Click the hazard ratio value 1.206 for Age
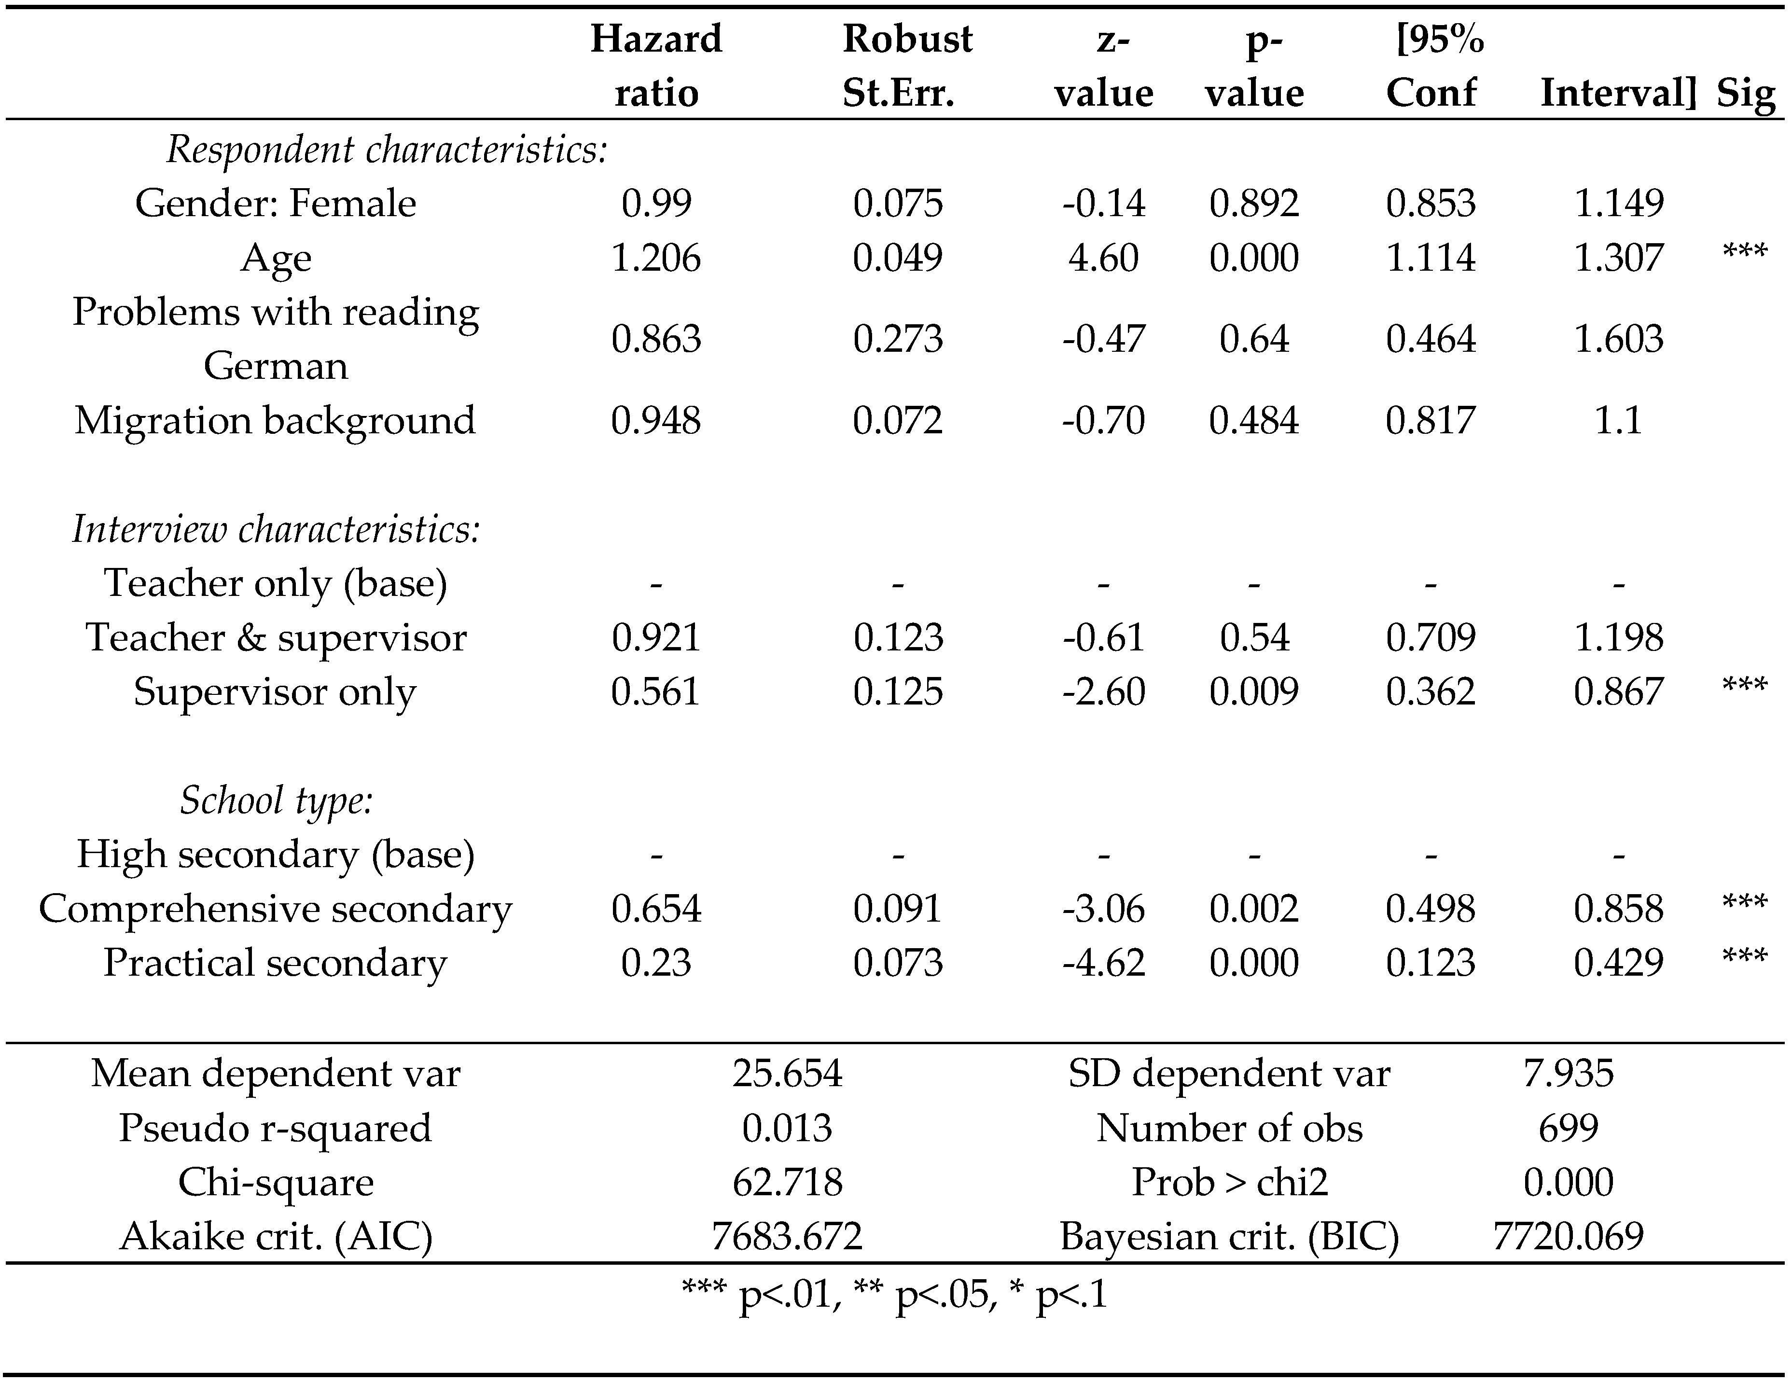point(655,258)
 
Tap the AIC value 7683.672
point(786,1236)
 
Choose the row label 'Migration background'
point(275,420)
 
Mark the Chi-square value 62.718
point(786,1182)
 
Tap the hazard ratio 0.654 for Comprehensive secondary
point(655,908)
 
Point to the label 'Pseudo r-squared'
point(275,1128)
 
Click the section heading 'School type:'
point(276,800)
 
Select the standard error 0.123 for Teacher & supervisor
point(898,637)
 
